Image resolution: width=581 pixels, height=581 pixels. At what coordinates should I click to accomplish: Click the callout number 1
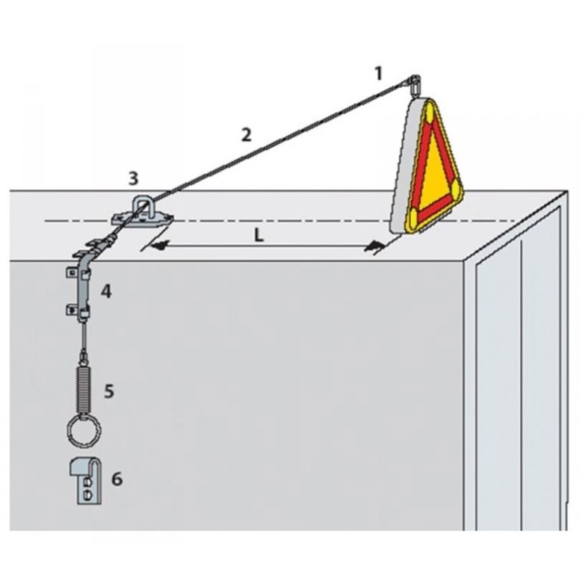point(378,73)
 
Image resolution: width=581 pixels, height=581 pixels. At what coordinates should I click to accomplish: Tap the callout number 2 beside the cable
point(246,135)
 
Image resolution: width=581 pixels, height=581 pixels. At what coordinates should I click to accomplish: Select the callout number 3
point(134,178)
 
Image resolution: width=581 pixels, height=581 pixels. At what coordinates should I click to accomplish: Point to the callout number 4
point(106,292)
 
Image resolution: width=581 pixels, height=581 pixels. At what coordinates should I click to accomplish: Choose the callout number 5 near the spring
point(108,391)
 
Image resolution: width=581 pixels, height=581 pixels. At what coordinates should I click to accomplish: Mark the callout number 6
point(117,479)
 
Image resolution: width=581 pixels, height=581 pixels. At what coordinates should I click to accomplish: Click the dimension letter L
point(259,235)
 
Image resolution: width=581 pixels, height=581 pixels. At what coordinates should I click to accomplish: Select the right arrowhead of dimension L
point(373,245)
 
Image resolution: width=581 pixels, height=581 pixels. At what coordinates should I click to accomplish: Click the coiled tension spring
point(84,389)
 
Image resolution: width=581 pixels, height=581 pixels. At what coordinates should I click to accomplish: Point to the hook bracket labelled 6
point(85,482)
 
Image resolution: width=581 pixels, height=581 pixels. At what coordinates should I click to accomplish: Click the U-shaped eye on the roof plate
point(142,207)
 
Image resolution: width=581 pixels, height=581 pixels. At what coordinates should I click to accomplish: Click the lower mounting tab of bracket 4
point(71,310)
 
